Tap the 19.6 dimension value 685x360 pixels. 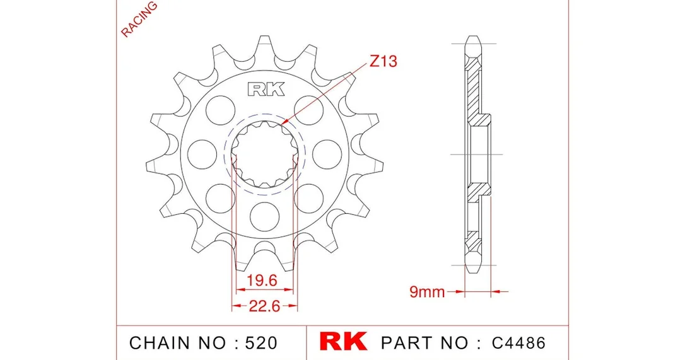tap(262, 280)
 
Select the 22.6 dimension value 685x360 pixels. tap(264, 306)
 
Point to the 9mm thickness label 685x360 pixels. tap(427, 291)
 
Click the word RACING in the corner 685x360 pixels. tap(139, 19)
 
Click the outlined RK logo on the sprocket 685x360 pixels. tap(266, 89)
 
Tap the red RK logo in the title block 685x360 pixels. tap(343, 342)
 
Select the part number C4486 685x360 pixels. tap(518, 343)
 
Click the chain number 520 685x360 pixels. tap(261, 343)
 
